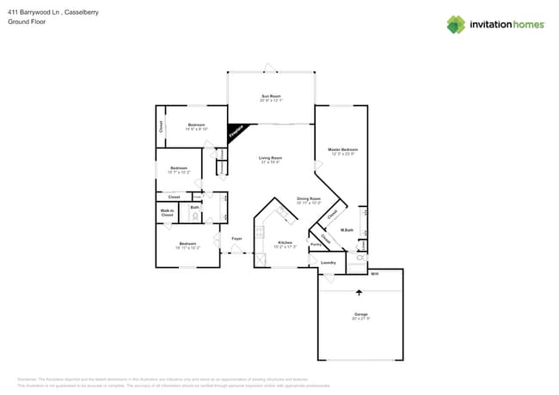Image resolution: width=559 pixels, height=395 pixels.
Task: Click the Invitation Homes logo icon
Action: tap(455, 24)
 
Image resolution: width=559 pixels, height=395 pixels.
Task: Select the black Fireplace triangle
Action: tap(235, 132)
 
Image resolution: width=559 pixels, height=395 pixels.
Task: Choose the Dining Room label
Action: tap(309, 201)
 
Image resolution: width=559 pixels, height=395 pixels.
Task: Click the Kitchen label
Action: tap(285, 245)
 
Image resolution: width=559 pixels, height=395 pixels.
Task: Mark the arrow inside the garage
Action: tap(359, 292)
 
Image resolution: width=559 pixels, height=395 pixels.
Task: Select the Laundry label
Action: tap(328, 262)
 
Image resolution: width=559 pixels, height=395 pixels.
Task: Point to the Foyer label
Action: tap(236, 238)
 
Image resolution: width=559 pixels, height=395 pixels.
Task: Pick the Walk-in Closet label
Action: tap(167, 212)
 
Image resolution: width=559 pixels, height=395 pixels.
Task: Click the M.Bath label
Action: tap(347, 230)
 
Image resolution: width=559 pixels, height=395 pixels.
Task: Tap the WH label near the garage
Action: tap(374, 274)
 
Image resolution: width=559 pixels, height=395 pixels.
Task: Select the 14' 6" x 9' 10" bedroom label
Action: tap(196, 126)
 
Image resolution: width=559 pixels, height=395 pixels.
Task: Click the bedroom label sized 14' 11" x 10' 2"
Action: tap(187, 245)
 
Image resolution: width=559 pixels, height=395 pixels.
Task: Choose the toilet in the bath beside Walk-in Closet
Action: tap(196, 216)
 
